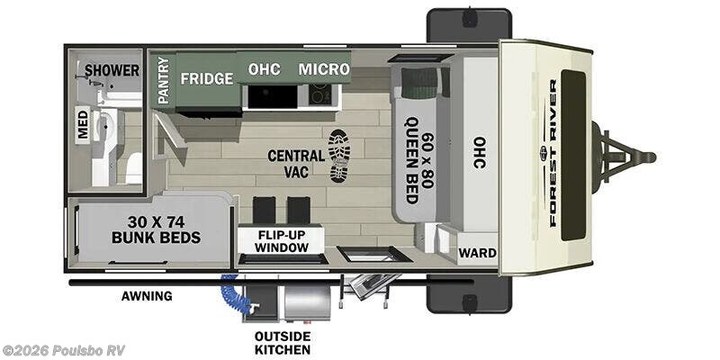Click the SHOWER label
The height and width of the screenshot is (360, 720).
[x=112, y=71]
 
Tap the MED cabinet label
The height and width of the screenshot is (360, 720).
[x=83, y=124]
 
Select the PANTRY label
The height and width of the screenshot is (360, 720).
[x=164, y=80]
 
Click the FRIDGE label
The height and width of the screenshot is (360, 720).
[x=207, y=78]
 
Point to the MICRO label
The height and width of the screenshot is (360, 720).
[x=324, y=69]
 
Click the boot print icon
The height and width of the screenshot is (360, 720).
[x=340, y=156]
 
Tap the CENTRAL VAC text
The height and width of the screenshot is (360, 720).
[x=296, y=164]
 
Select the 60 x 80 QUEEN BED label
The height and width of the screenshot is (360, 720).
[x=420, y=161]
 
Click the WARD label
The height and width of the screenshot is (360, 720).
[x=478, y=253]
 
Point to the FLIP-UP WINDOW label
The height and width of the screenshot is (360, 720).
[x=282, y=241]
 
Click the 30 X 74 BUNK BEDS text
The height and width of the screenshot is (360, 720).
[x=156, y=229]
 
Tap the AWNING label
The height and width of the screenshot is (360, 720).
[x=147, y=296]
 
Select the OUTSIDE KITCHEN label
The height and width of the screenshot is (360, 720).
[x=283, y=343]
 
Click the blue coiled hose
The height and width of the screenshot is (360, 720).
[x=236, y=294]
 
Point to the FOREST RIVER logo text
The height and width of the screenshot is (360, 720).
[x=553, y=153]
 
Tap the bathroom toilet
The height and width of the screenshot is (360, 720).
[x=133, y=168]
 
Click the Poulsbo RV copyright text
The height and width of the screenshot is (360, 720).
[x=63, y=350]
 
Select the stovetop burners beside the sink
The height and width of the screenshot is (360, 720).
[x=319, y=95]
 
